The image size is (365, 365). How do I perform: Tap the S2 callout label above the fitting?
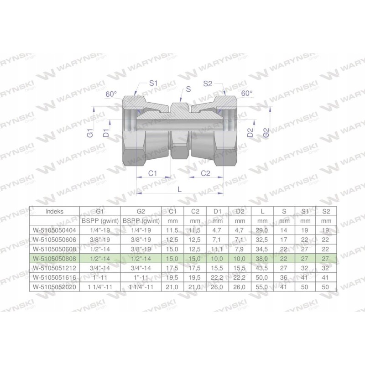click(x=208, y=83)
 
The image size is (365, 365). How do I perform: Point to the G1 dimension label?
click(x=91, y=134)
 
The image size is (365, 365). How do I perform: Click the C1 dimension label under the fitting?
click(x=153, y=173)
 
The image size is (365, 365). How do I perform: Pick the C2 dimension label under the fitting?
click(x=205, y=173)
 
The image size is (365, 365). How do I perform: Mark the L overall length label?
click(x=180, y=188)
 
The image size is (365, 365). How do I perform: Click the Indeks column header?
click(x=55, y=212)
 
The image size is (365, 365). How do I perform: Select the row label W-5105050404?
click(x=56, y=230)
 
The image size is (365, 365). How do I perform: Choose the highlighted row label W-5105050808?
click(x=56, y=258)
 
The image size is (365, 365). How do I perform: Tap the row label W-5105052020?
click(x=56, y=286)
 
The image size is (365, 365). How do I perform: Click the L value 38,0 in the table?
click(x=262, y=258)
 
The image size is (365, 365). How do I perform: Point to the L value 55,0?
click(x=262, y=286)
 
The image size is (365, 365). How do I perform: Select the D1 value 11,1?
click(x=217, y=249)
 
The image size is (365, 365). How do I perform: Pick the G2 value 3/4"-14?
click(x=141, y=267)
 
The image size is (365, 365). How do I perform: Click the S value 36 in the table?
click(x=284, y=276)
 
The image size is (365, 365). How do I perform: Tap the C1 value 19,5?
click(x=172, y=276)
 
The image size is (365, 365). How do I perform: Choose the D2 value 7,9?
click(x=240, y=249)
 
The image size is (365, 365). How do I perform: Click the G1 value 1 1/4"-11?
click(x=99, y=286)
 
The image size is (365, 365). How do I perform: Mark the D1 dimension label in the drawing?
click(x=106, y=134)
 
